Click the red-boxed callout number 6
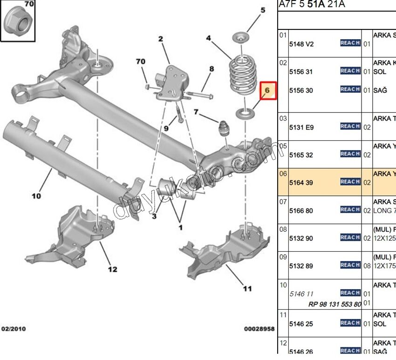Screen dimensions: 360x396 pyautogui.click(x=267, y=90)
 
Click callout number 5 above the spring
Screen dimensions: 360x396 pyautogui.click(x=263, y=10)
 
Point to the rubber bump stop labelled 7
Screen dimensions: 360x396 pyautogui.click(x=225, y=129)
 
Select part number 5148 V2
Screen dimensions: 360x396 pyautogui.click(x=301, y=44)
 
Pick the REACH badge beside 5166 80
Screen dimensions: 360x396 pyautogui.click(x=350, y=210)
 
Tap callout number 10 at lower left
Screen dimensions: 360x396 pyautogui.click(x=36, y=196)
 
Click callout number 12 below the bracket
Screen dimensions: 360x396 pyautogui.click(x=113, y=269)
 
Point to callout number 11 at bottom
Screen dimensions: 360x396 pyautogui.click(x=247, y=289)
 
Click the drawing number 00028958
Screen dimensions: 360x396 pyautogui.click(x=259, y=329)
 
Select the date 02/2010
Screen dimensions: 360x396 pyautogui.click(x=14, y=329)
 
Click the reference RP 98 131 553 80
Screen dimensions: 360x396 pyautogui.click(x=335, y=304)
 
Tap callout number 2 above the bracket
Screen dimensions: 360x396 pyautogui.click(x=161, y=39)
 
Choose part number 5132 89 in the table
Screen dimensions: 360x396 pyautogui.click(x=301, y=266)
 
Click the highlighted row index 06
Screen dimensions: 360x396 pyautogui.click(x=283, y=173)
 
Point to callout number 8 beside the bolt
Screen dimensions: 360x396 pyautogui.click(x=212, y=69)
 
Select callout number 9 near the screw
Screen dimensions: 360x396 pyautogui.click(x=166, y=128)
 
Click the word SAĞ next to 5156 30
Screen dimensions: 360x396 pyautogui.click(x=380, y=90)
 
